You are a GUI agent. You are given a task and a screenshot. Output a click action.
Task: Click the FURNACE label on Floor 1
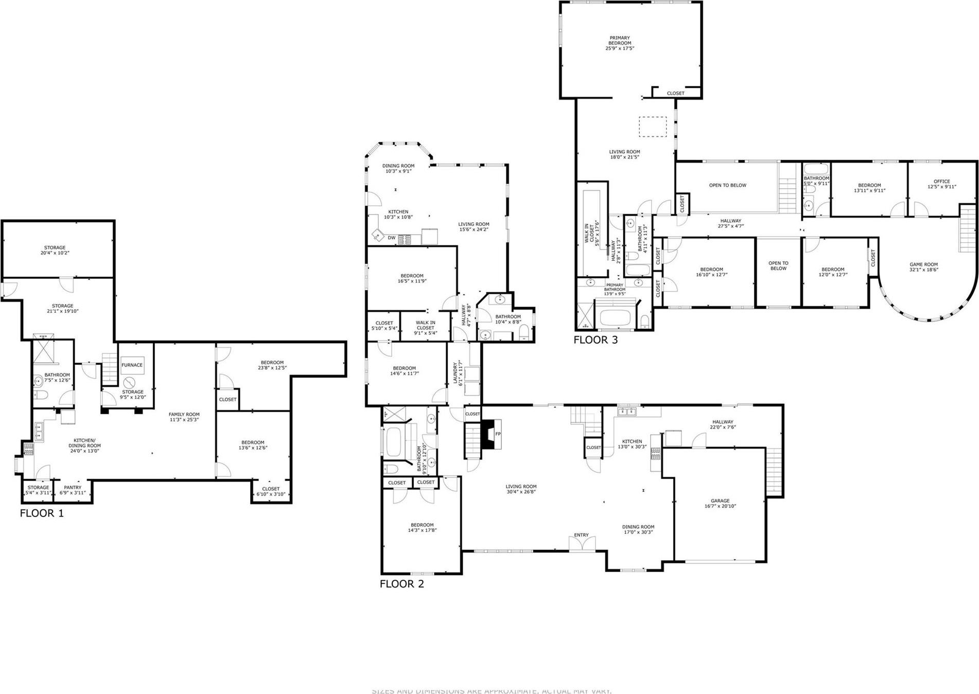132,365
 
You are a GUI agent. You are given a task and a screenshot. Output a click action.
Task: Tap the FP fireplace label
498,434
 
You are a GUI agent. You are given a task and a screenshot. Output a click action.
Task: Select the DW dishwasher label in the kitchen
391,238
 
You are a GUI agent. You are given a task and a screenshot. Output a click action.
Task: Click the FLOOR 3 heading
595,340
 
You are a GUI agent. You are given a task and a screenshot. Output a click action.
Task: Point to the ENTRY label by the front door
581,535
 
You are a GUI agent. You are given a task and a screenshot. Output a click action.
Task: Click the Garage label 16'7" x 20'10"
720,503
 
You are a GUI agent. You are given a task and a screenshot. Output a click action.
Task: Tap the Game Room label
923,267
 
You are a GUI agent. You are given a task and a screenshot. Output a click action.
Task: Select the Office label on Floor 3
941,184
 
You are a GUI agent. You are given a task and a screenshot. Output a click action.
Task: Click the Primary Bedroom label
620,43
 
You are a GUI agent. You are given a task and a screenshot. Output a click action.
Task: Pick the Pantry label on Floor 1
73,490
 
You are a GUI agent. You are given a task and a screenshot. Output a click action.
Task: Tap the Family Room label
184,417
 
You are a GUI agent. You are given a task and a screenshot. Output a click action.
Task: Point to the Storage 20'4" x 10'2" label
55,251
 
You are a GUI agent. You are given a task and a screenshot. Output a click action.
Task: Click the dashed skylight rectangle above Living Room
653,127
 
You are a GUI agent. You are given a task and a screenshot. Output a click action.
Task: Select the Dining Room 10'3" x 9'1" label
398,168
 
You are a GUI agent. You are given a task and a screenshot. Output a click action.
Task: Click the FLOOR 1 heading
42,513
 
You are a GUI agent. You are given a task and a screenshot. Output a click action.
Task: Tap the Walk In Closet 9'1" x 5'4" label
425,327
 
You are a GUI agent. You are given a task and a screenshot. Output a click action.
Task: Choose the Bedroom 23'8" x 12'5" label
271,365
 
